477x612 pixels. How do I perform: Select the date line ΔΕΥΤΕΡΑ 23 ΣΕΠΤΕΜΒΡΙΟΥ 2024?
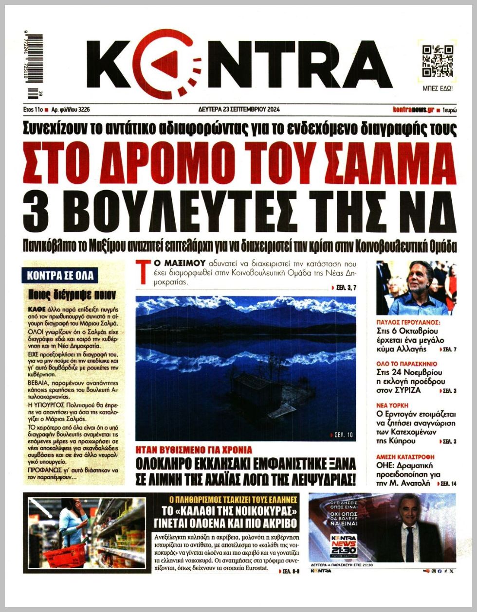[239, 109]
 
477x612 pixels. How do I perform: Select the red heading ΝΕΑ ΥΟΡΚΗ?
[392, 404]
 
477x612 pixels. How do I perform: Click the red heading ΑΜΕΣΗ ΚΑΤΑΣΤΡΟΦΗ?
[405, 457]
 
